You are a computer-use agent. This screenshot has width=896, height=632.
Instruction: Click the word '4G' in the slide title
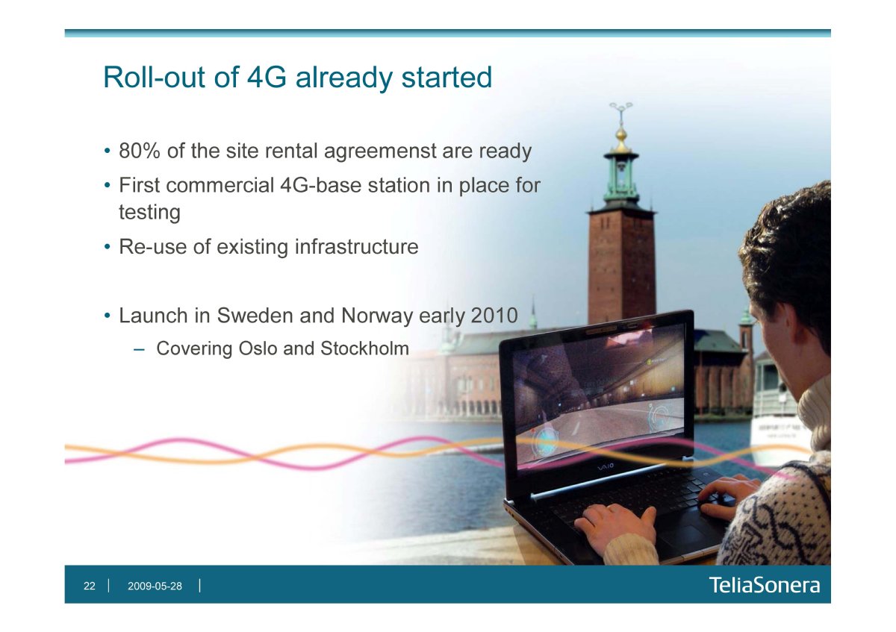(267, 77)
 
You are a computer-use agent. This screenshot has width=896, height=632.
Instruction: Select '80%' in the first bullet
(140, 151)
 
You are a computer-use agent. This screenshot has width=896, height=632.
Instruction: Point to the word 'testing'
(149, 213)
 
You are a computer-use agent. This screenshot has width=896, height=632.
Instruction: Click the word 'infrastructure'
(356, 246)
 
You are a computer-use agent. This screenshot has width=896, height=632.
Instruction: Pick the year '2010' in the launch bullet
(494, 316)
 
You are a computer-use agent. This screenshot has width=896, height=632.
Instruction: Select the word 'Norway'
(377, 316)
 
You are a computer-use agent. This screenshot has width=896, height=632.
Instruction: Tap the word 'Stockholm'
(364, 348)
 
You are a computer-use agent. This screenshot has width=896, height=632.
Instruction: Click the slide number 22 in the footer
(89, 586)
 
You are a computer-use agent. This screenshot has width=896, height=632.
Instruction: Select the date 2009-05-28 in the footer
(155, 586)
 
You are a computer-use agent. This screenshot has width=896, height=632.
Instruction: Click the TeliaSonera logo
(765, 585)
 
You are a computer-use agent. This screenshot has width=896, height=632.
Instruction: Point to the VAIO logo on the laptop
(606, 466)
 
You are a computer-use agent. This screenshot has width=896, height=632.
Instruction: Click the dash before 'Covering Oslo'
(139, 349)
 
